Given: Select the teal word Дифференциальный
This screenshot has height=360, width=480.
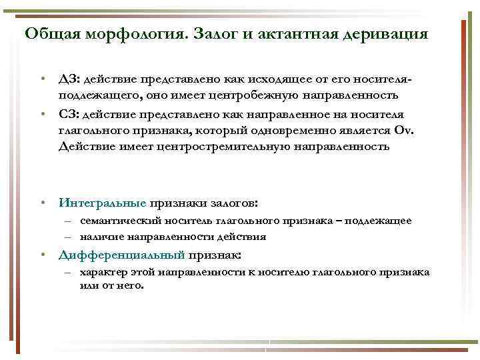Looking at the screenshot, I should (x=121, y=254).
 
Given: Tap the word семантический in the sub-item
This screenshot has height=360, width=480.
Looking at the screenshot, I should (x=116, y=221).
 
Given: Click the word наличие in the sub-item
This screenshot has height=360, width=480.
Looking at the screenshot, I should (x=99, y=236).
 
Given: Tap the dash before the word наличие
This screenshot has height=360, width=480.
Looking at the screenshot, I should (x=69, y=236).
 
